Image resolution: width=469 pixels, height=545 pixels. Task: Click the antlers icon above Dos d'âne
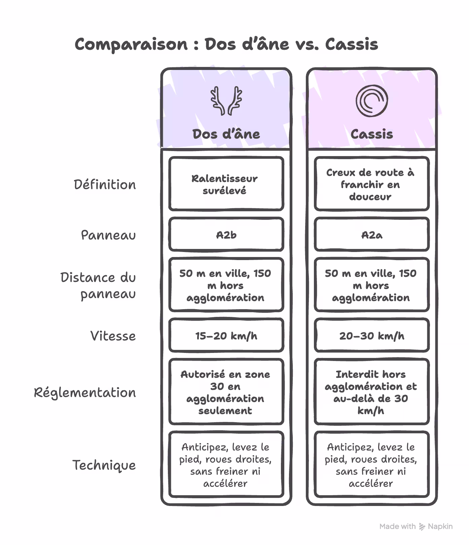[226, 101]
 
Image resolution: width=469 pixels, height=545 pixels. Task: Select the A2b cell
[226, 235]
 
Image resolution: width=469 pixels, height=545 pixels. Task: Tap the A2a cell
[371, 235]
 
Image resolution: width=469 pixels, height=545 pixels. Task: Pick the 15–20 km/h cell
[226, 336]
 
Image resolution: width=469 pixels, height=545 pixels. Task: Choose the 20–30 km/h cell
[371, 336]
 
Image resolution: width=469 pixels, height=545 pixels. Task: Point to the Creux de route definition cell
[371, 184]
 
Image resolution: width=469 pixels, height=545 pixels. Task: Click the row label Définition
[105, 185]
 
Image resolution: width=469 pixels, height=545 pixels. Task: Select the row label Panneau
[108, 235]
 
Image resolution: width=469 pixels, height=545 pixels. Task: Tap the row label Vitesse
[113, 336]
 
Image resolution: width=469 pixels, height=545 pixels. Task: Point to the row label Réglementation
[85, 393]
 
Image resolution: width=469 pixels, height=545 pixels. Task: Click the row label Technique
[104, 465]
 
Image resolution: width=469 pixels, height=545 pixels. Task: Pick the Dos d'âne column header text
[226, 134]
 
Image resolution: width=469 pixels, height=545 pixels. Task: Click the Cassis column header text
[371, 134]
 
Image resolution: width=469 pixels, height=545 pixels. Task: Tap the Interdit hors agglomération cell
[371, 392]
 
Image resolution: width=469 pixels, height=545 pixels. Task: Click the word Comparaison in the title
[131, 44]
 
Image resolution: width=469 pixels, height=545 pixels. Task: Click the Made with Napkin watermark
[416, 526]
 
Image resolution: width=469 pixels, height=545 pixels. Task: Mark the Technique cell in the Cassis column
[371, 465]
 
